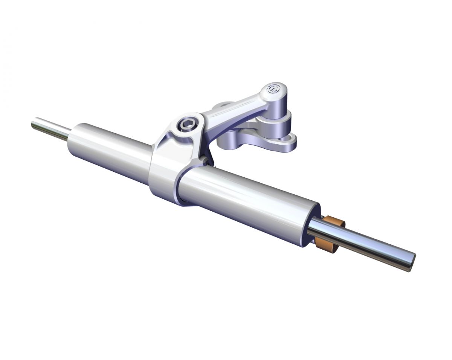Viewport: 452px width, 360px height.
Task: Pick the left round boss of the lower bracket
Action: tap(228, 141)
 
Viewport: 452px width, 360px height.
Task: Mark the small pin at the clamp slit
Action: tap(205, 160)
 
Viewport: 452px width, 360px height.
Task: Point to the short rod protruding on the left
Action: tap(51, 129)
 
